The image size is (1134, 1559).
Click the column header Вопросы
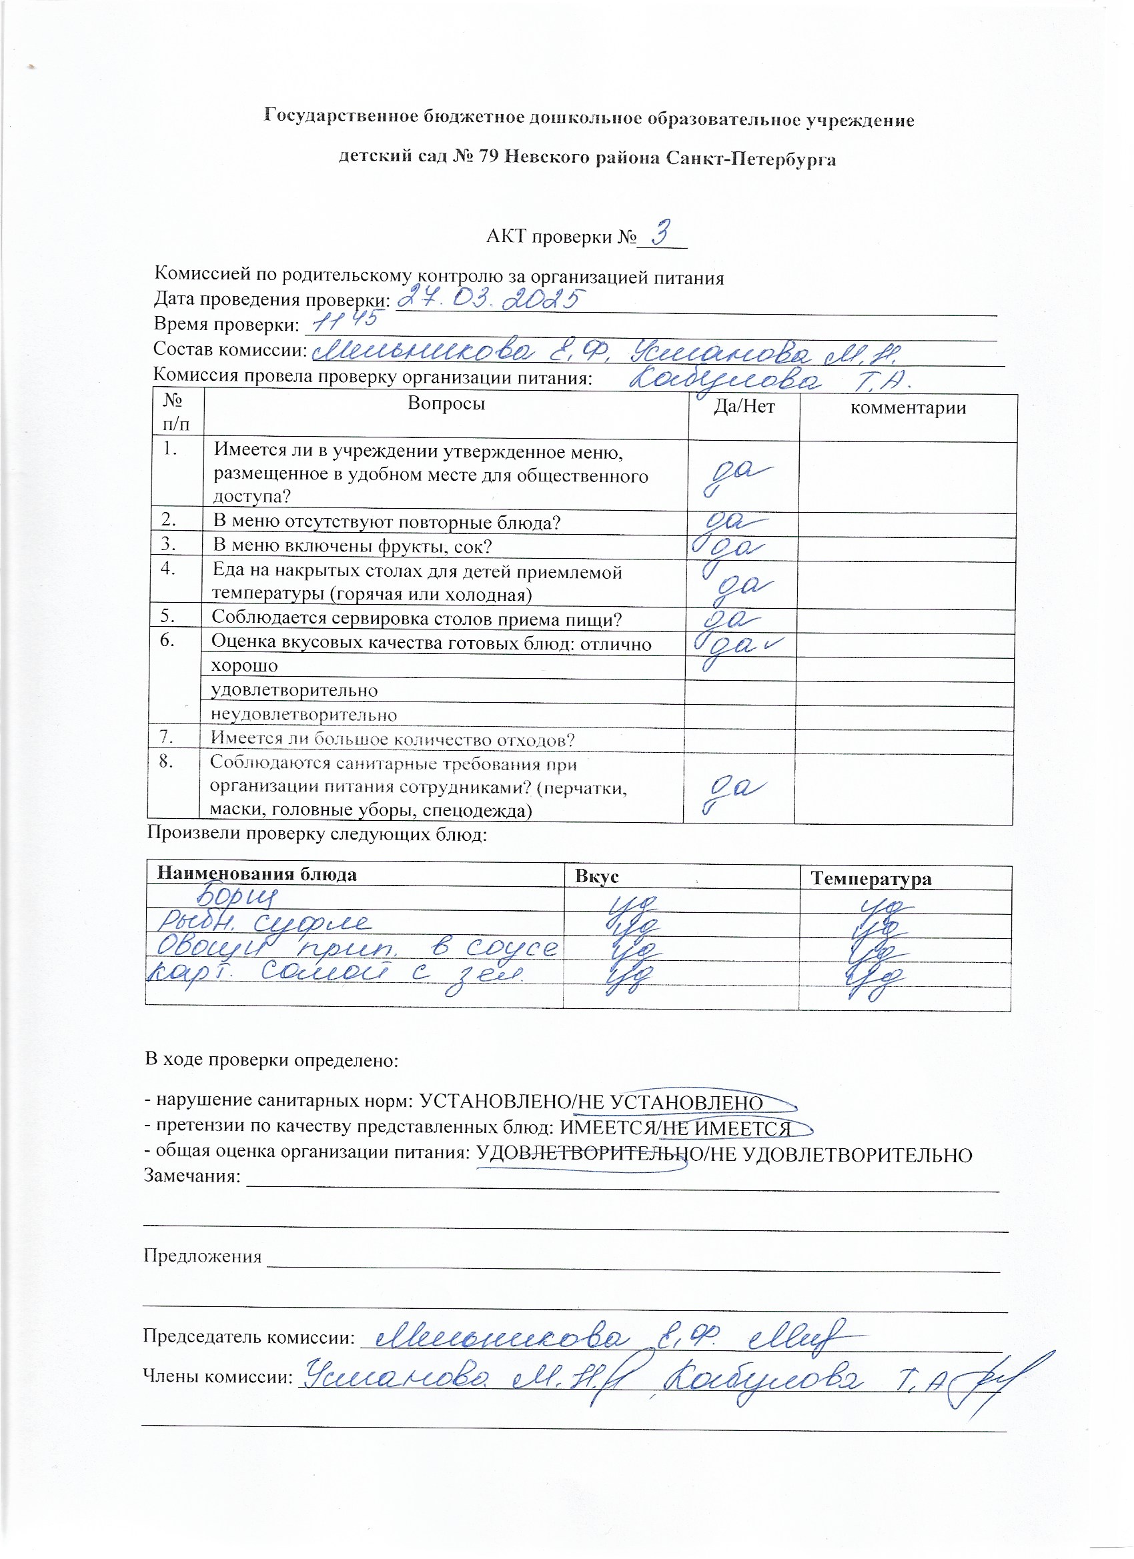coord(446,403)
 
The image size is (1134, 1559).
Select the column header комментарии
coord(908,408)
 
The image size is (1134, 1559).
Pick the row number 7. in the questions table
coord(166,737)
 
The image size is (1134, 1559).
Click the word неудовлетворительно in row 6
coord(304,715)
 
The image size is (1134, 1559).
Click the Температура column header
coord(871,878)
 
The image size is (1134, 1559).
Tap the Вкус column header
coord(597,876)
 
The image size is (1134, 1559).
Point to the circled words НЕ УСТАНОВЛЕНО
coord(670,1103)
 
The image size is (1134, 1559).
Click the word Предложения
coord(203,1256)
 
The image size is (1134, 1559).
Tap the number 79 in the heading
coord(488,158)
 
